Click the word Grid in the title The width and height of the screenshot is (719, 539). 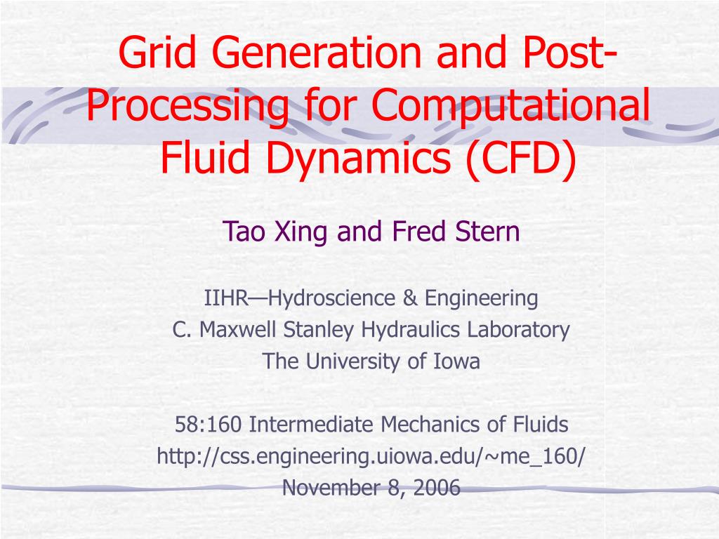(x=153, y=55)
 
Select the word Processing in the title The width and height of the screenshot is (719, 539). (x=187, y=107)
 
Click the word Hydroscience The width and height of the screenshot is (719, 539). (x=327, y=298)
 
